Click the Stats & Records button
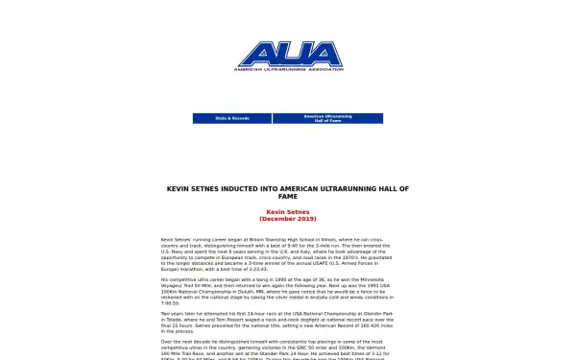pyautogui.click(x=231, y=118)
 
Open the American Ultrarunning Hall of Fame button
pyautogui.click(x=327, y=119)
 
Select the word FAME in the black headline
pyautogui.click(x=288, y=196)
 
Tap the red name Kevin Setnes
pyautogui.click(x=288, y=212)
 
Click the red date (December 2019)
pyautogui.click(x=288, y=219)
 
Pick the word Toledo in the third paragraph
pyautogui.click(x=170, y=318)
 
